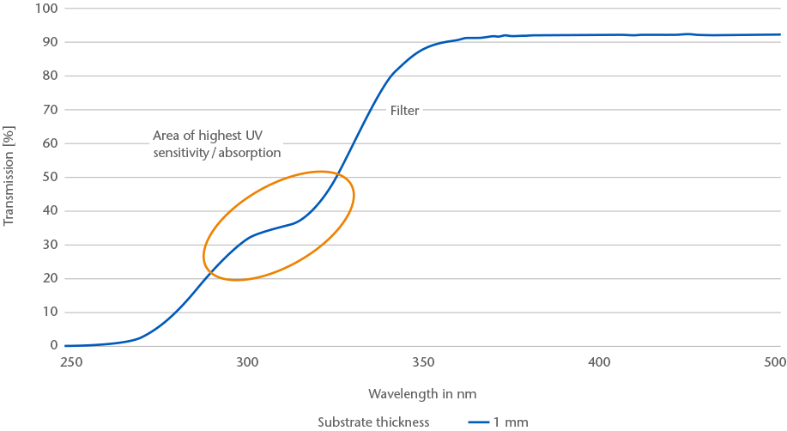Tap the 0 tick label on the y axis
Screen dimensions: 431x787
click(52, 346)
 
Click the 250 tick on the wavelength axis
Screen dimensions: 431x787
click(70, 362)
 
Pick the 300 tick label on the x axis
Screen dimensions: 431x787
click(247, 362)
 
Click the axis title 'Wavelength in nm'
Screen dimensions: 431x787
click(422, 394)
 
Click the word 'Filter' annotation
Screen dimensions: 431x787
click(405, 111)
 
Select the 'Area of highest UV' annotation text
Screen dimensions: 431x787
click(207, 136)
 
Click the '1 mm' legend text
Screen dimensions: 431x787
click(511, 422)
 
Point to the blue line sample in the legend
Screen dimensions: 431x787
click(478, 422)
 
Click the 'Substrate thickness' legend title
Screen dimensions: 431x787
click(373, 422)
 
